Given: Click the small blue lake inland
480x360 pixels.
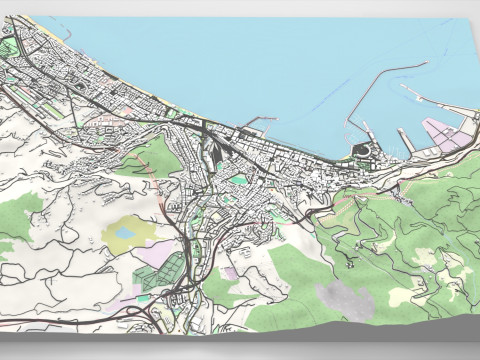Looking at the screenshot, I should click(x=126, y=232).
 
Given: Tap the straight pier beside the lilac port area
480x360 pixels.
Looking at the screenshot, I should click(x=406, y=141).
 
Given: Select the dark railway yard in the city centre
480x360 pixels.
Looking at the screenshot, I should click(x=213, y=150).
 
